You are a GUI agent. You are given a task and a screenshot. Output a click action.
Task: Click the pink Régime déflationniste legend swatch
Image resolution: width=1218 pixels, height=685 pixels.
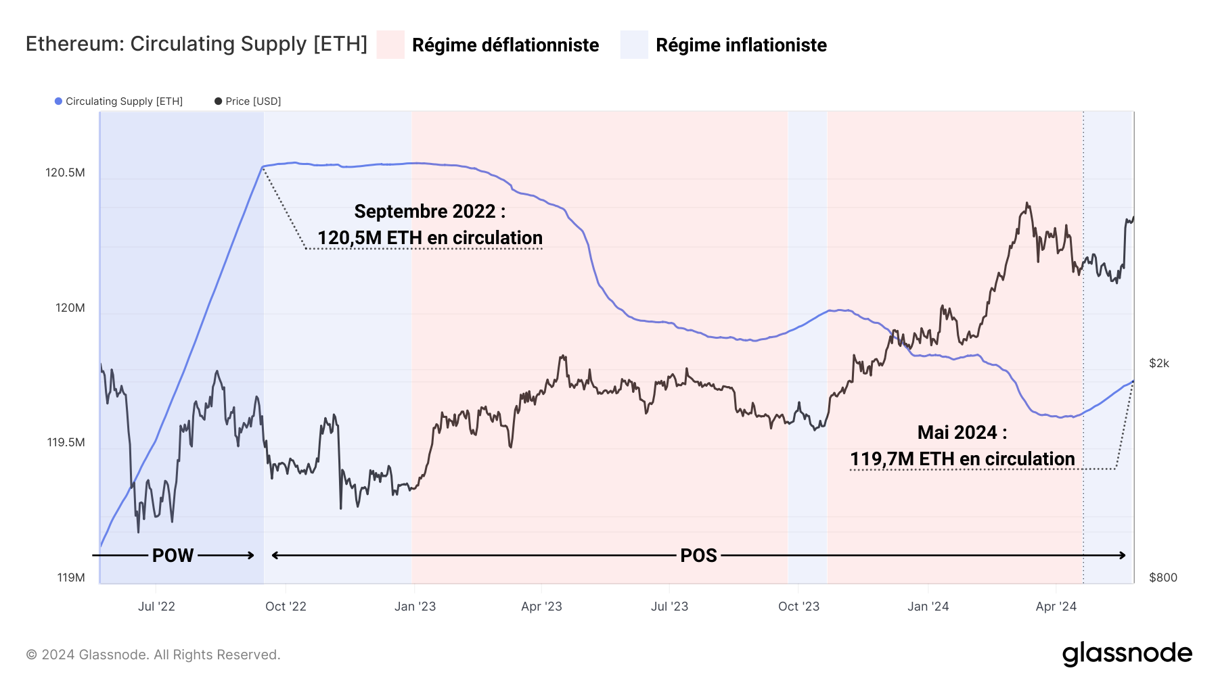click(390, 45)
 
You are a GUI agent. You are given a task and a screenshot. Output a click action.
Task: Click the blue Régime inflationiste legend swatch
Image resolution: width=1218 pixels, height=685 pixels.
click(634, 45)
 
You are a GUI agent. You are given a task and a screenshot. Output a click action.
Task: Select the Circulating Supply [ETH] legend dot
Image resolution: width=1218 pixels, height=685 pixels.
click(59, 101)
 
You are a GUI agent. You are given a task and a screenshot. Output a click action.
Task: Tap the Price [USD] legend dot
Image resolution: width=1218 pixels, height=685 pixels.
click(218, 101)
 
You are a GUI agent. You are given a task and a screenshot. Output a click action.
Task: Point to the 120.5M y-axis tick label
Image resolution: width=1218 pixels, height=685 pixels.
click(65, 172)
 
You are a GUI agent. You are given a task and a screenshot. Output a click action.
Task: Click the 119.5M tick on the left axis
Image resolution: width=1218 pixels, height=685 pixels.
click(66, 442)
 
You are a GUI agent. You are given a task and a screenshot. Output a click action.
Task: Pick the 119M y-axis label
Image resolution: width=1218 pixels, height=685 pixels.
click(70, 577)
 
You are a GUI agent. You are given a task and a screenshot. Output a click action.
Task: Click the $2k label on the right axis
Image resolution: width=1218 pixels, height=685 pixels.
click(1158, 363)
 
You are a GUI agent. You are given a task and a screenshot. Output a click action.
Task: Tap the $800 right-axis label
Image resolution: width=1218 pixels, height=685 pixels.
click(1163, 577)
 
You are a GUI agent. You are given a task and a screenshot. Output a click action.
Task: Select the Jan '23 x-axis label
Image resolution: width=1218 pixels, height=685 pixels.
click(415, 607)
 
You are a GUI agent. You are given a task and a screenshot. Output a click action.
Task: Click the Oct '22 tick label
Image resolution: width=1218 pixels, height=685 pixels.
click(286, 607)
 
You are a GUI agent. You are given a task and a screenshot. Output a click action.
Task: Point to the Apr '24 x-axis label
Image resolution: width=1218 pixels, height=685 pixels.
click(1056, 607)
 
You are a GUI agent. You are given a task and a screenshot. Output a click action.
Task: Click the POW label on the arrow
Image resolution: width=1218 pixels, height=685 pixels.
click(173, 556)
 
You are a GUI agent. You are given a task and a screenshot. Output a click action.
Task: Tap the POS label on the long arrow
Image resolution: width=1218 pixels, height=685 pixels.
click(698, 556)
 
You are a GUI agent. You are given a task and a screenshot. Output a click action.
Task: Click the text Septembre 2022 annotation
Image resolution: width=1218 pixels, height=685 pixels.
click(430, 212)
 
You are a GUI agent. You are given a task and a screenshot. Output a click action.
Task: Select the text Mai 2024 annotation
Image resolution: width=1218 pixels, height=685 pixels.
click(962, 433)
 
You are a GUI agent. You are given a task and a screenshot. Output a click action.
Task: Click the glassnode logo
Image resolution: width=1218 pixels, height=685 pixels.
click(1127, 654)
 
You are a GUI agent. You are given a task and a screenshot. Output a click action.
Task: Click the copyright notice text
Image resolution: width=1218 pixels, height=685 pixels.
click(153, 655)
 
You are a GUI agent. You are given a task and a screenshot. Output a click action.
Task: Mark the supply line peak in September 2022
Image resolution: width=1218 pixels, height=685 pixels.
click(263, 166)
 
